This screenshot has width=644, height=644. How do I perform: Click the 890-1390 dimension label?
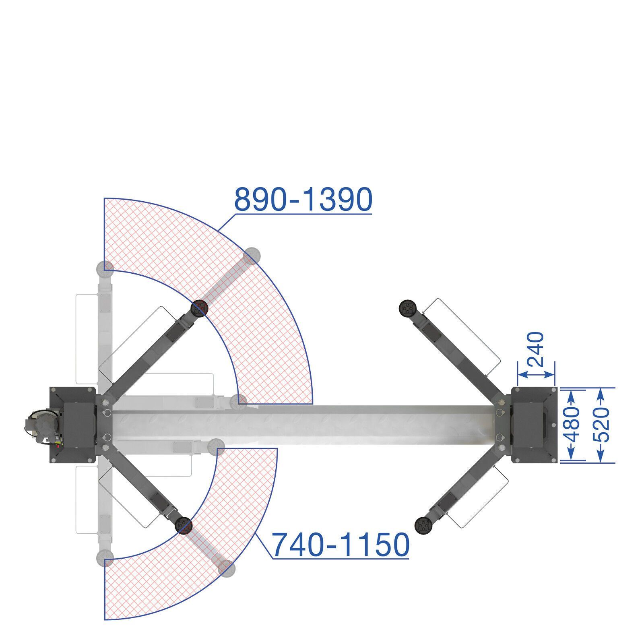tap(303, 200)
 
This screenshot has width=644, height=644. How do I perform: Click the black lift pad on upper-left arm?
tap(199, 309)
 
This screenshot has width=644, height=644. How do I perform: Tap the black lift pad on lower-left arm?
tap(184, 526)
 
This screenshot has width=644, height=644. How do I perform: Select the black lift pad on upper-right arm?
tap(407, 308)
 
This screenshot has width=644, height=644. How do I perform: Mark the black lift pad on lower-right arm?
tap(423, 526)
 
